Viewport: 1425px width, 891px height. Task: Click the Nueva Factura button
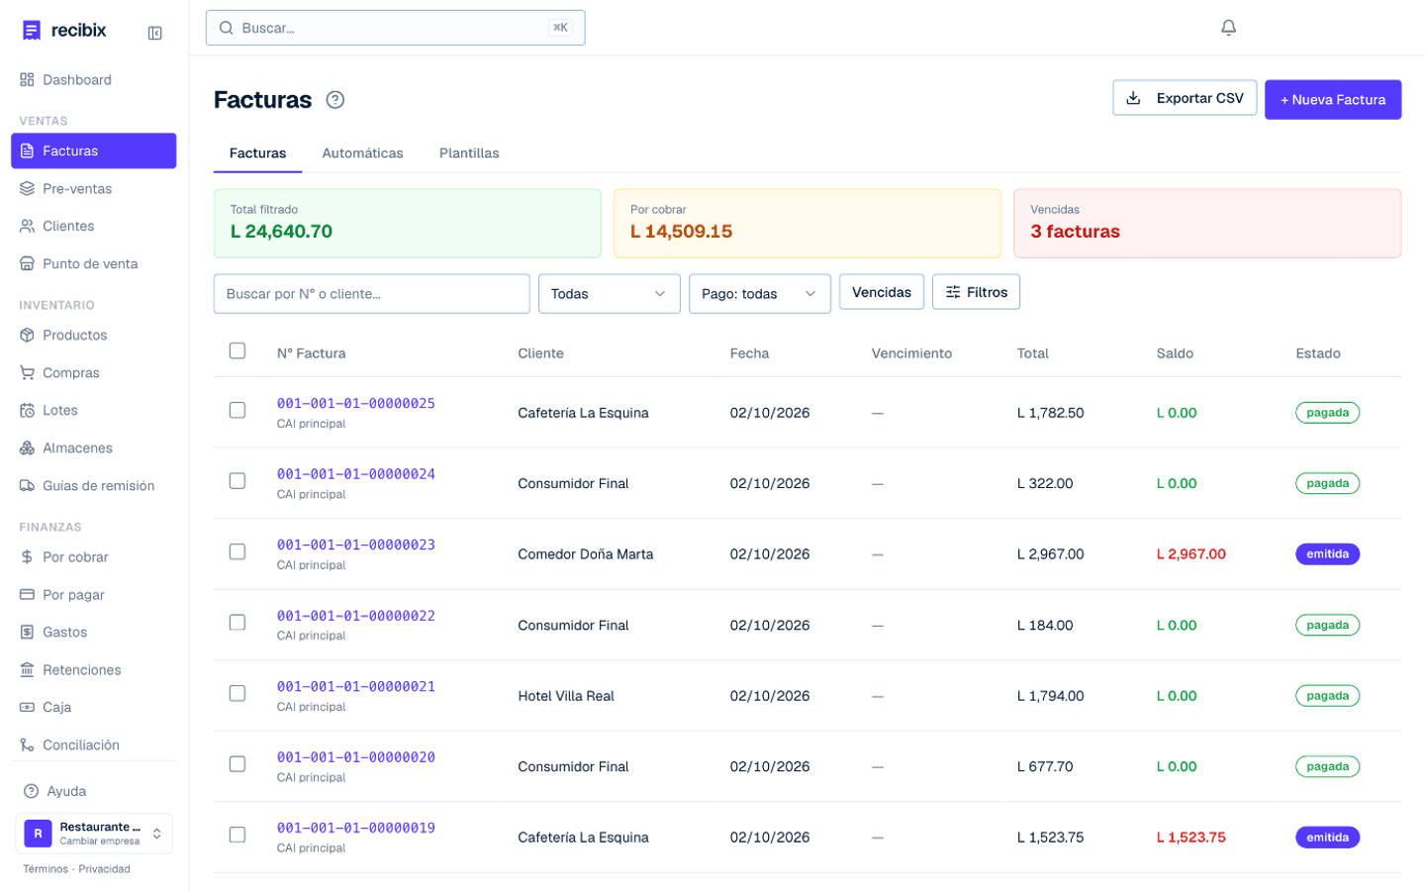click(1333, 99)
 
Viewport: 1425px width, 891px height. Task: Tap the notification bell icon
click(1228, 28)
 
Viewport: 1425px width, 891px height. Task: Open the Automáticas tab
click(362, 152)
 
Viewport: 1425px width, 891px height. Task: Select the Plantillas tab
click(469, 152)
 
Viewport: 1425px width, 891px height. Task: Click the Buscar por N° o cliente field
click(371, 293)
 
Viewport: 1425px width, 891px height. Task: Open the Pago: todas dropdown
click(760, 293)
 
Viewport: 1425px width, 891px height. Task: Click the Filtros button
click(976, 292)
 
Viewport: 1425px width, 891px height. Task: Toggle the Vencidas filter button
click(881, 292)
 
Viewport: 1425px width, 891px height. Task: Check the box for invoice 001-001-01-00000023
click(237, 551)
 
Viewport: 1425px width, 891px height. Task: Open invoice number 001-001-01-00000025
click(355, 403)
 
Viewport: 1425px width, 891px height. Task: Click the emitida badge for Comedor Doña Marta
click(1328, 553)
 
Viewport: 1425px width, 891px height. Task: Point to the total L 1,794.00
click(1050, 696)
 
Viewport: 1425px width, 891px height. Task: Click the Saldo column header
click(1175, 353)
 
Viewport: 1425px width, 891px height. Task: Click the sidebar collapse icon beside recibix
click(154, 33)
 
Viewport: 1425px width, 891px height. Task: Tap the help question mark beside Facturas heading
click(335, 100)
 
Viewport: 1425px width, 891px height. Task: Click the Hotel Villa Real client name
click(566, 696)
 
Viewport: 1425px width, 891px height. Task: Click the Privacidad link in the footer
click(104, 869)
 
